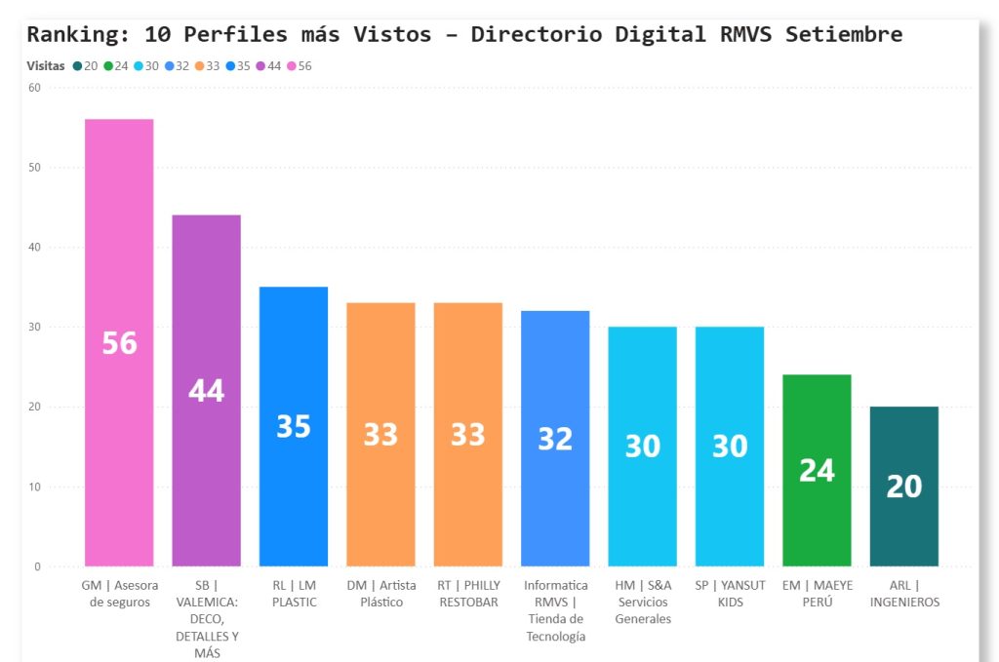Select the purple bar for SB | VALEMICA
coord(206,292)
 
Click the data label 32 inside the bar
coord(555,440)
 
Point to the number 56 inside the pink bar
coord(119,343)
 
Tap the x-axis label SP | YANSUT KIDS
coord(730,594)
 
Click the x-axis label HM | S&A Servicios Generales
coord(643,602)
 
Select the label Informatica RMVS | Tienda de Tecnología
coord(555,610)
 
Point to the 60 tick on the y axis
coord(34,88)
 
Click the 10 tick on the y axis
coord(34,487)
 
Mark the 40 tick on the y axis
coord(34,247)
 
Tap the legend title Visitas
coord(46,66)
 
